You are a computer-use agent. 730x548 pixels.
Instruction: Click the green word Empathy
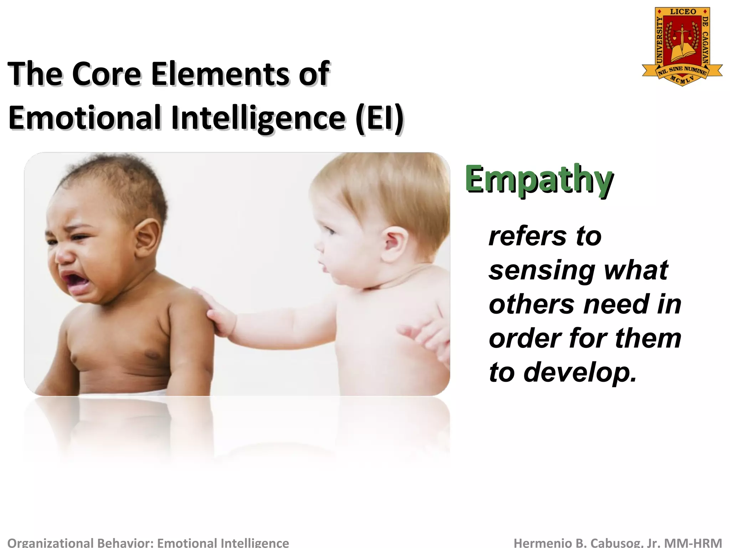pos(539,179)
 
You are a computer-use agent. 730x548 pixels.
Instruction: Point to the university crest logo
pos(682,46)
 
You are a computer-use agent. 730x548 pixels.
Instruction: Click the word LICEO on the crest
pos(683,12)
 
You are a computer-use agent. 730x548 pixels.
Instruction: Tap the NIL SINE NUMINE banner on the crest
pos(682,70)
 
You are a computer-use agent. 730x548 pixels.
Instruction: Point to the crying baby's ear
pos(147,237)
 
